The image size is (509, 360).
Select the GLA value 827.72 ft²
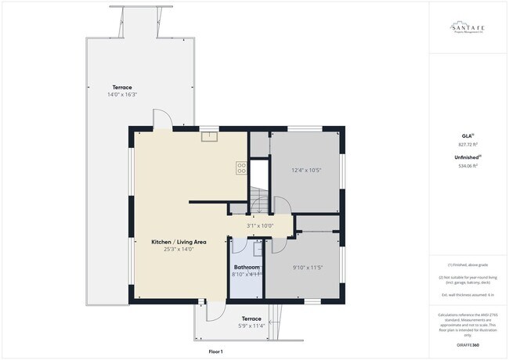click(467, 145)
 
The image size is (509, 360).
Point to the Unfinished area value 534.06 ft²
click(467, 167)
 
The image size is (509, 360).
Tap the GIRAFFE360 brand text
click(467, 344)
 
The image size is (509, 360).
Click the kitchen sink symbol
click(209, 138)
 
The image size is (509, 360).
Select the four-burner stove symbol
click(242, 166)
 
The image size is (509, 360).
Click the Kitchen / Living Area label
click(179, 242)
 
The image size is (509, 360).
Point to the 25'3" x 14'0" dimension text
click(179, 250)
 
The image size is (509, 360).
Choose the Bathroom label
click(246, 267)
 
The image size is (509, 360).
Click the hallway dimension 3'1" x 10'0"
click(260, 225)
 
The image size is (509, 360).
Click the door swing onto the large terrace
click(161, 119)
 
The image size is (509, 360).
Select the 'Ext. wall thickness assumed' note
click(467, 294)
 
